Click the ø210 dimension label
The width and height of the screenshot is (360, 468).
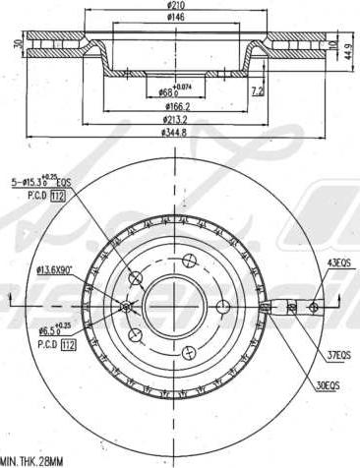coord(177,7)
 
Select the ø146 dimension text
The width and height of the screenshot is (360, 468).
coord(177,18)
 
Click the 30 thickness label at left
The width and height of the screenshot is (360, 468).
coord(18,44)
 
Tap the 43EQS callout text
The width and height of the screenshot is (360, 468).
coord(339,262)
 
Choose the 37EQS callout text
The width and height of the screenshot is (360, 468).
coord(339,355)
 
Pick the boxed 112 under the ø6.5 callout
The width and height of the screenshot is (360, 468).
coord(68,344)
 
